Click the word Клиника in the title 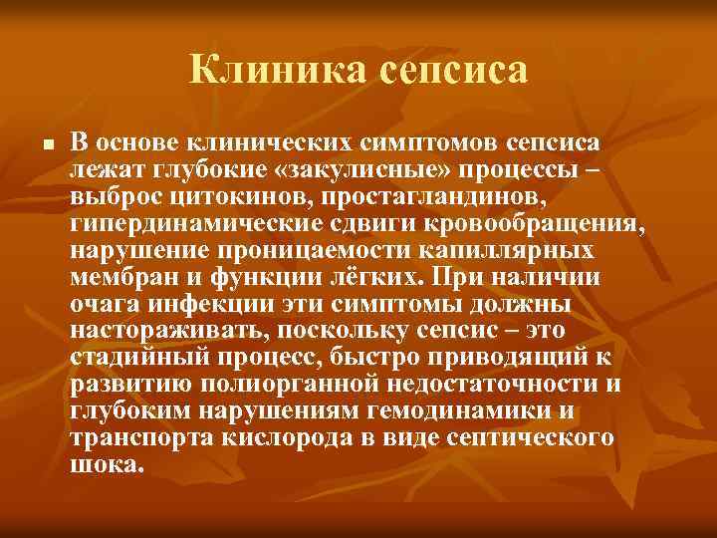click(x=262, y=70)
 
